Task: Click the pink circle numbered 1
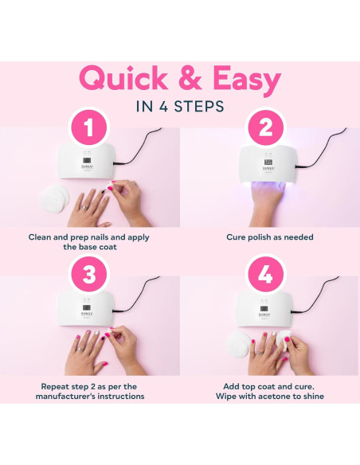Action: pos(89,128)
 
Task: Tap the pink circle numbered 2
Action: pos(266,128)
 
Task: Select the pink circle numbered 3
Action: pos(89,274)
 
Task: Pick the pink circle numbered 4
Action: pos(266,274)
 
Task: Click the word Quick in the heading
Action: pos(123,79)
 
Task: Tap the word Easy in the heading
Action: pos(247,80)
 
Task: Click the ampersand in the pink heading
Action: pos(190,79)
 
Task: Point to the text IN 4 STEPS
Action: pos(180,107)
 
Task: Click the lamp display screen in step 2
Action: pos(268,162)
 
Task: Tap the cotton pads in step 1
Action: pos(55,197)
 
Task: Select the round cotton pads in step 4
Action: pos(238,344)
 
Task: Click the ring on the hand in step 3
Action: pos(80,349)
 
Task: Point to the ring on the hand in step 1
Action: pos(84,208)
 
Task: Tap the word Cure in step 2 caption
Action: pos(236,237)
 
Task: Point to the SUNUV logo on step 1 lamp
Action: pos(87,166)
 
